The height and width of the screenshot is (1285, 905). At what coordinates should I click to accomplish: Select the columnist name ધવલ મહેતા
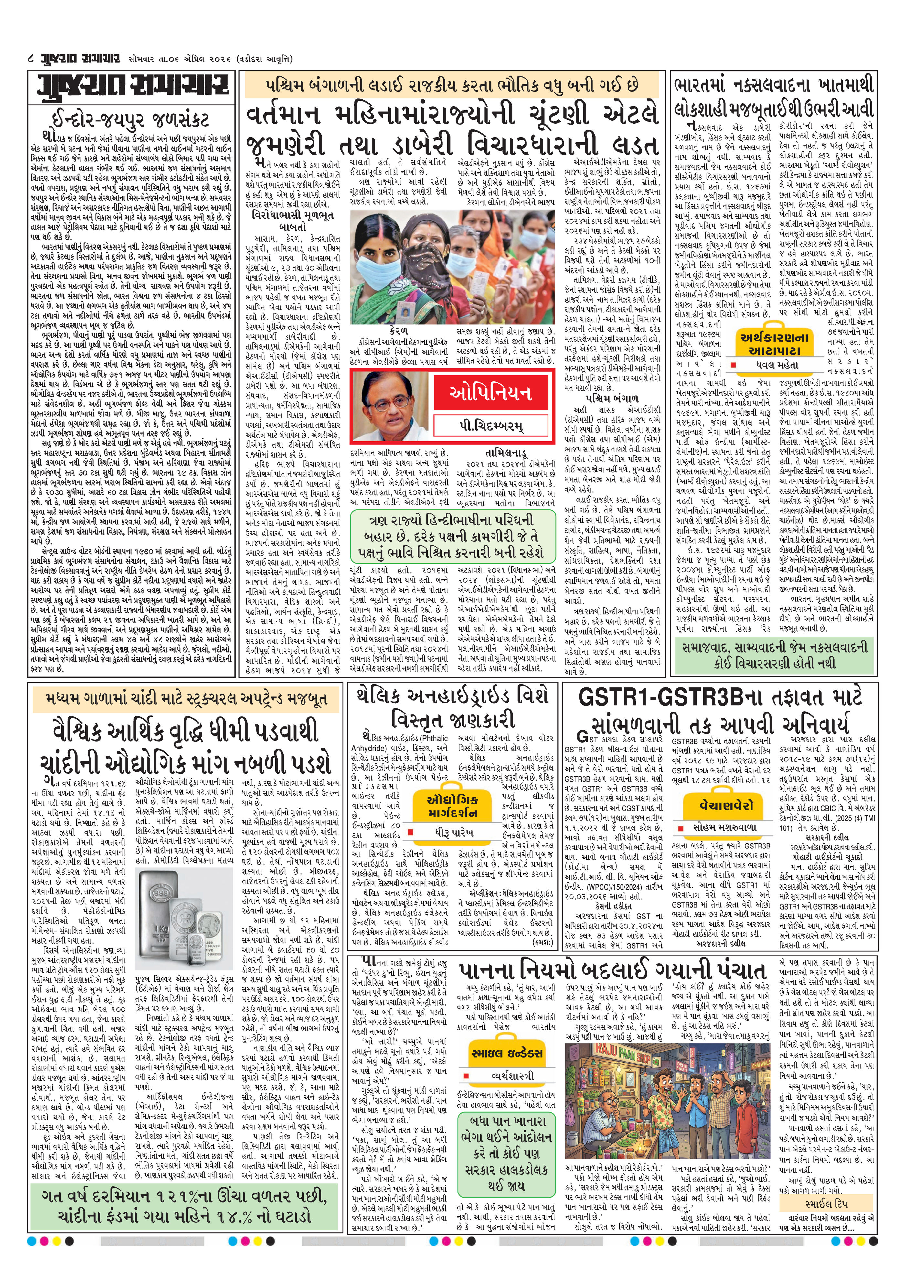[775, 365]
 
